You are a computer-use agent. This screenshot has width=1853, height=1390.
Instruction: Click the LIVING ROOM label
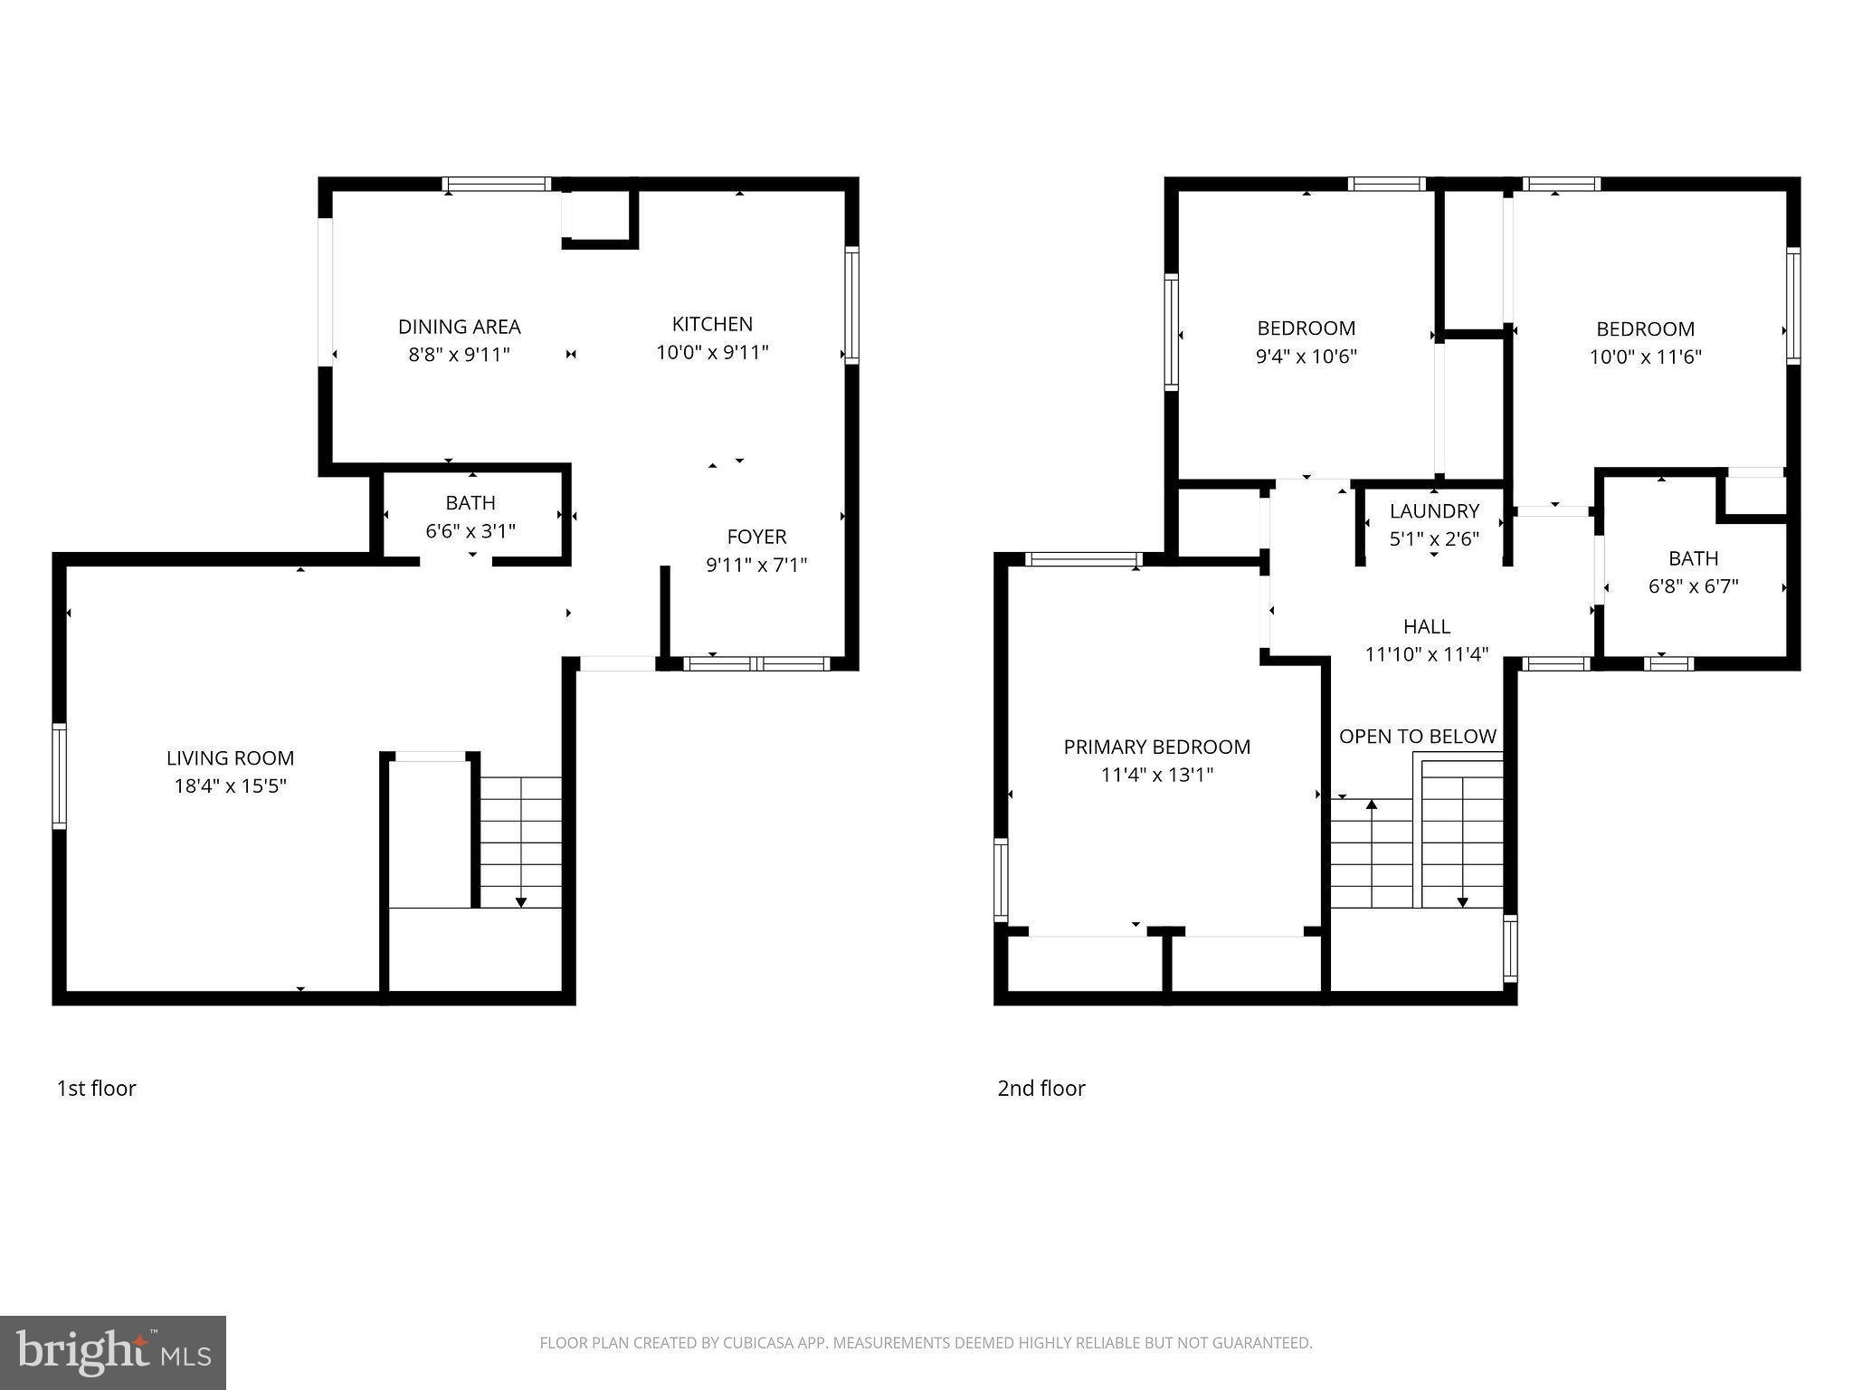pos(230,758)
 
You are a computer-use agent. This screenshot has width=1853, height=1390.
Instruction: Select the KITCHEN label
pos(712,324)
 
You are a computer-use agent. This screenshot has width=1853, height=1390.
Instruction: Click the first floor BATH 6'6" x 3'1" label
pos(470,517)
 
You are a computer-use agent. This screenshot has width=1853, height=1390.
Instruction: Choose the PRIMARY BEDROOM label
pos(1156,747)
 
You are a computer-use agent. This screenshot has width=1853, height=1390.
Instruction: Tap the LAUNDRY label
pos(1434,511)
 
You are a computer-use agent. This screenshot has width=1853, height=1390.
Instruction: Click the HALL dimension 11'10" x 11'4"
pos(1426,654)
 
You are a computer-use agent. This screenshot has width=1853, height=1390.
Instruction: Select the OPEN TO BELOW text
pos(1417,737)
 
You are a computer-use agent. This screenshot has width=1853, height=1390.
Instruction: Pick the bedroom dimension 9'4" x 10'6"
pos(1306,357)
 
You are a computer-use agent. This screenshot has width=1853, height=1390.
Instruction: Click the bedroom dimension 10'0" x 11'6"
pos(1645,357)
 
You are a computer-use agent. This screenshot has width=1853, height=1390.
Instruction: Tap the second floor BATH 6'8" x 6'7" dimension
pos(1693,586)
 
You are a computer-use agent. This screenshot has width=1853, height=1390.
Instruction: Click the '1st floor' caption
pos(96,1089)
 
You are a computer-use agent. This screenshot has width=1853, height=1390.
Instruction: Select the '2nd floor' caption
pos(1041,1089)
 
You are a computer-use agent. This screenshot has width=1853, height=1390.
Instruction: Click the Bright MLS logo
pos(112,1352)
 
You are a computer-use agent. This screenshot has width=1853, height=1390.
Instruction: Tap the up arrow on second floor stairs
pos(1372,804)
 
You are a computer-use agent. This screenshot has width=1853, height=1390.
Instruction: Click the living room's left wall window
pos(59,776)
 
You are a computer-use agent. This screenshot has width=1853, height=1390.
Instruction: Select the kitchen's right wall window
pos(851,305)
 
